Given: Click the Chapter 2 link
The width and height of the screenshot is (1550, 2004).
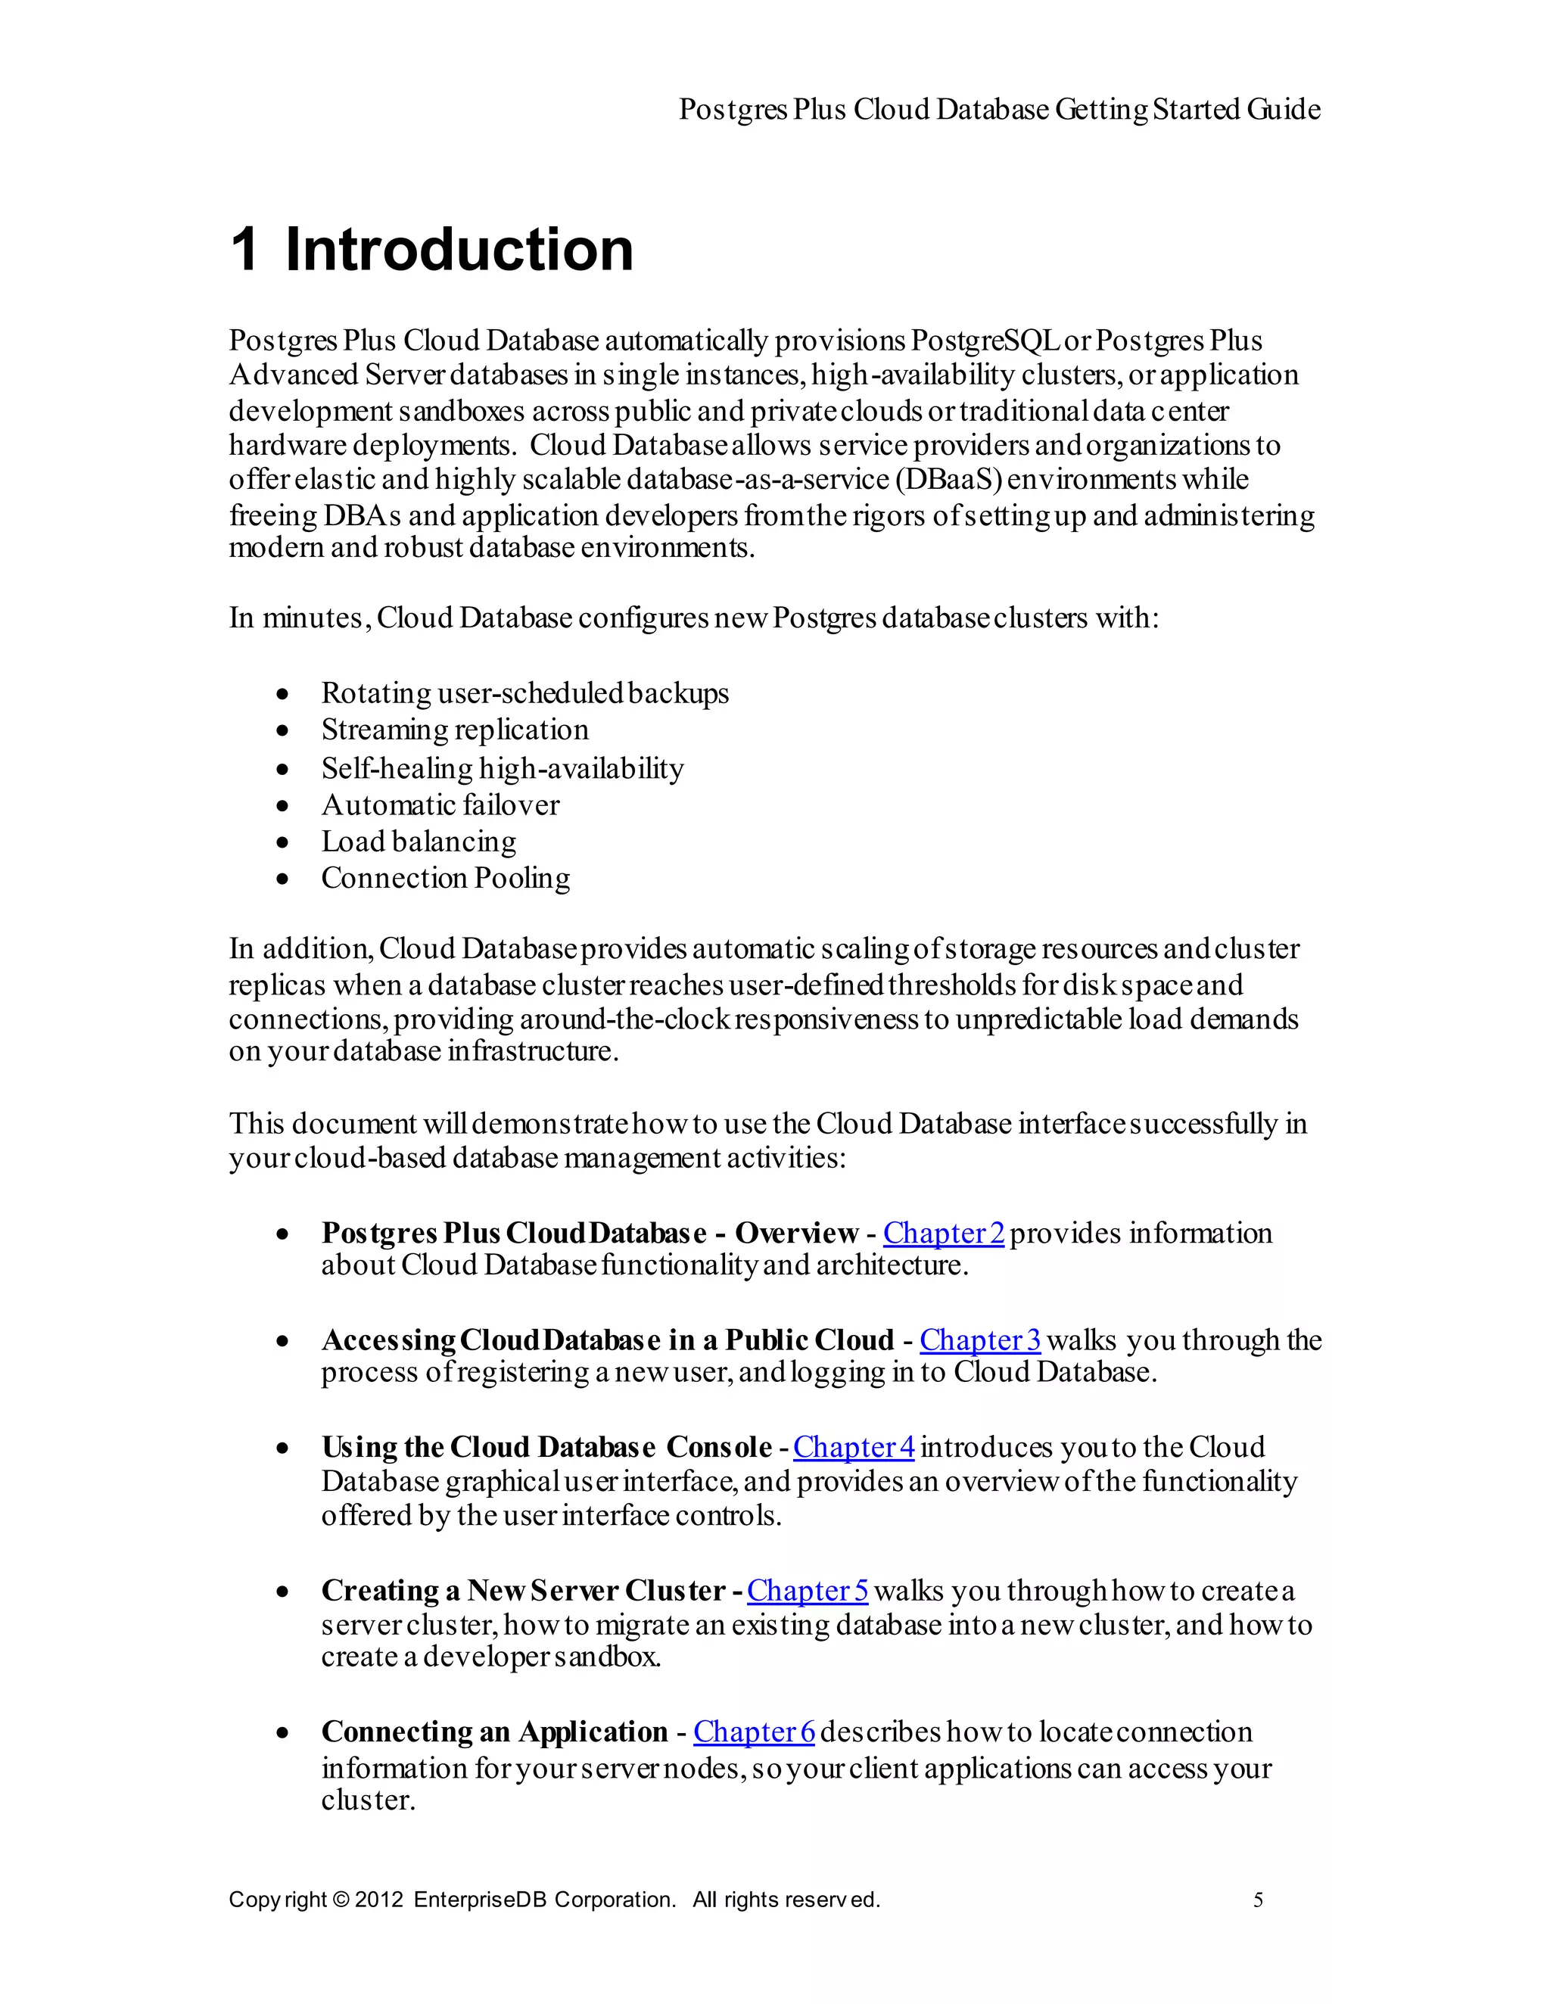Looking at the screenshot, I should click(x=944, y=1234).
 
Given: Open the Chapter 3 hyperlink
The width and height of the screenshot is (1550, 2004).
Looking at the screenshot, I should click(x=979, y=1340).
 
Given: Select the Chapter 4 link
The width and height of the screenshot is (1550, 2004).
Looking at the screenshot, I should click(x=854, y=1447).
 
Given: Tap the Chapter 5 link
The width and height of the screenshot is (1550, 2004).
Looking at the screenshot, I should click(x=807, y=1590).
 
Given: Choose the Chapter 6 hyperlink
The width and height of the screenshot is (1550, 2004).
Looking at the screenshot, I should click(x=754, y=1732).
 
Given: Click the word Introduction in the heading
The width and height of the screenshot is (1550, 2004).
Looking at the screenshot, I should click(x=459, y=250).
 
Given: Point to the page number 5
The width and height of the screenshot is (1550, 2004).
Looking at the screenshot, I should click(x=1258, y=1900).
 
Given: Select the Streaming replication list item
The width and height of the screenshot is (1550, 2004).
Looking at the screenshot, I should click(x=454, y=730).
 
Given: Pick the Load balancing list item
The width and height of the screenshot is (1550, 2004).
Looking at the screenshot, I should click(x=419, y=842).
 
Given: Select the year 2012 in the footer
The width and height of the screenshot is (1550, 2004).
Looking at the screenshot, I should click(x=378, y=1900).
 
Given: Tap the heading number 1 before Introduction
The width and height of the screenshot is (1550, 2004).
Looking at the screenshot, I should click(x=244, y=250).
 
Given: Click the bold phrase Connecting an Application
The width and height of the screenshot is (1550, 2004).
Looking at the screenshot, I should click(x=493, y=1732).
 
